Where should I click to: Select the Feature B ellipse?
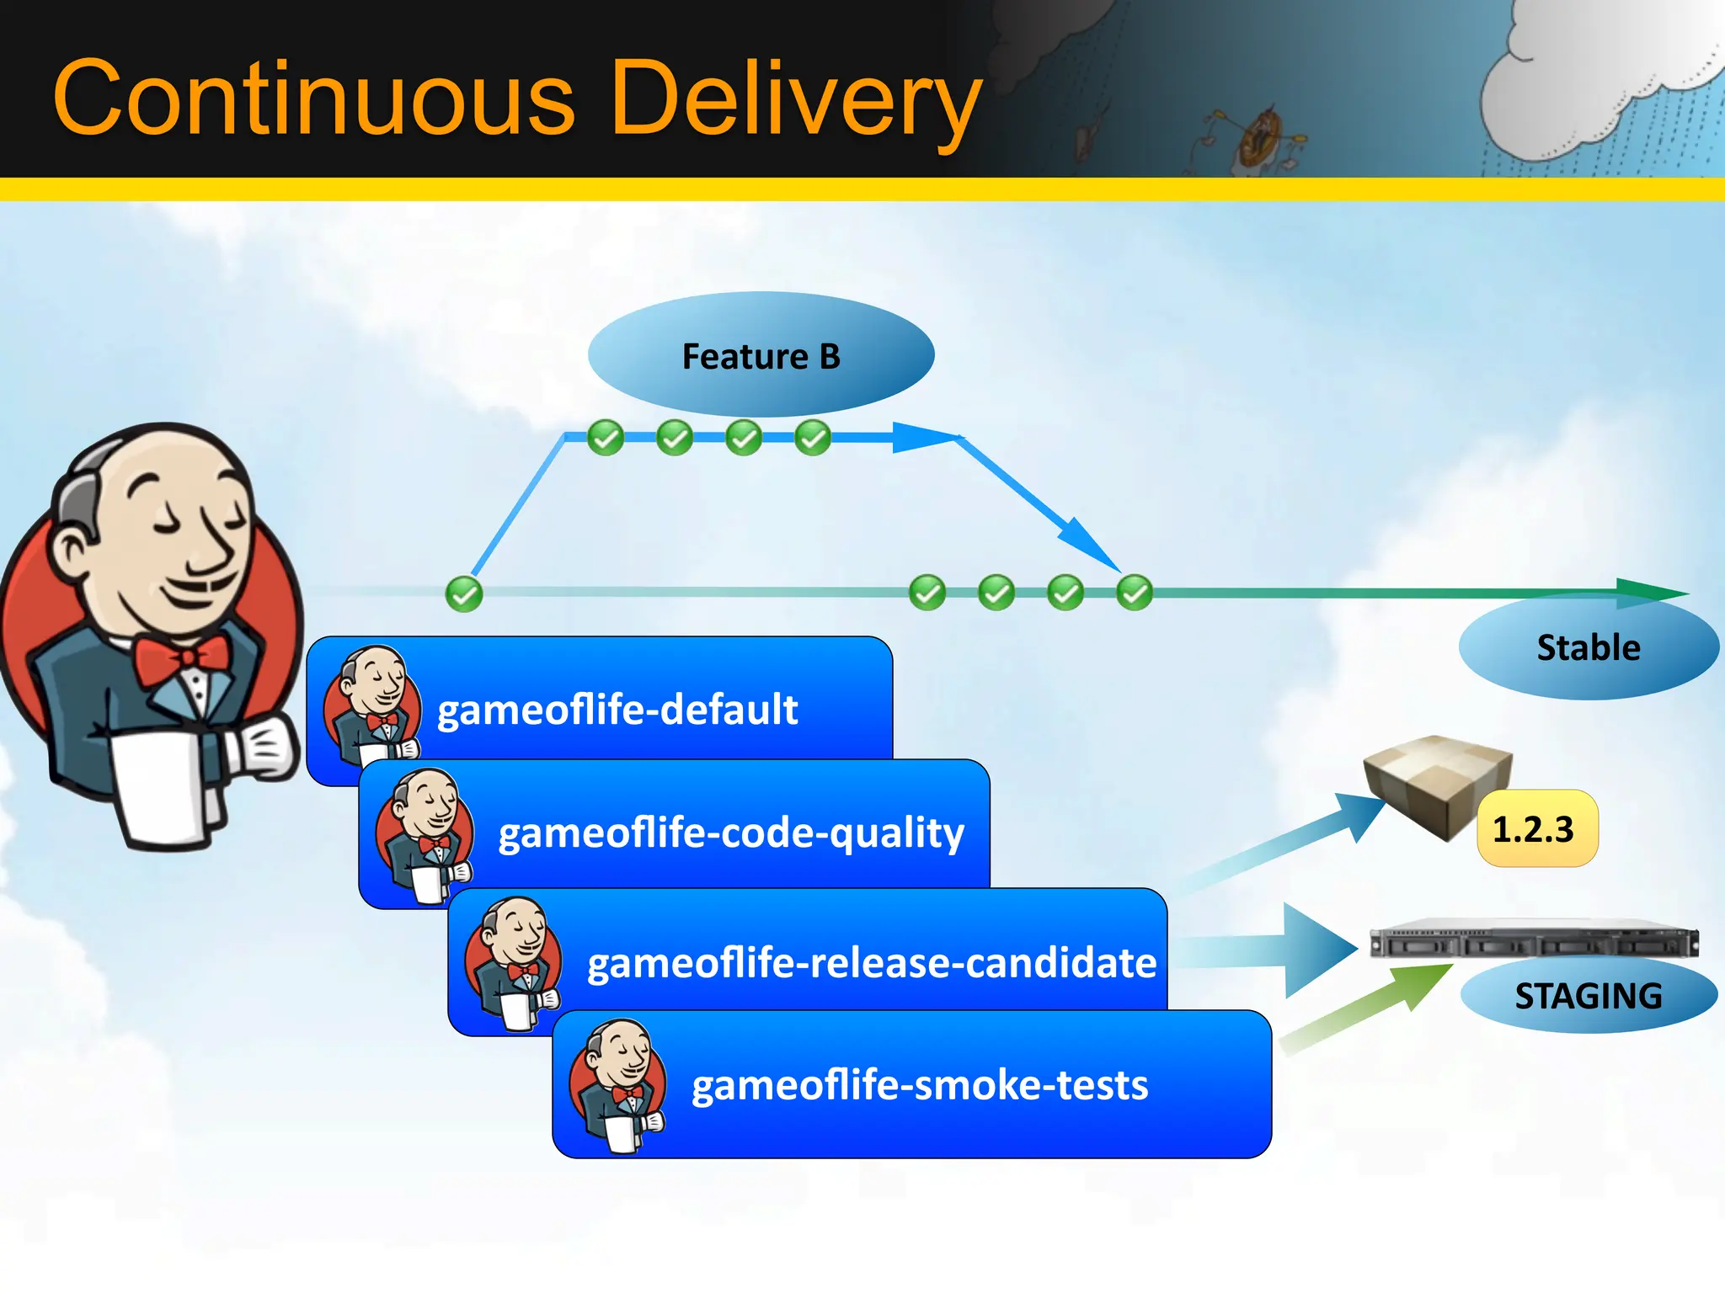tap(761, 355)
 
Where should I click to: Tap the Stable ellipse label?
tap(1588, 648)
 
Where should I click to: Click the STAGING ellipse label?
tap(1588, 997)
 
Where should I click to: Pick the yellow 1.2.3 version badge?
tap(1536, 829)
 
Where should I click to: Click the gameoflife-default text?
tap(617, 710)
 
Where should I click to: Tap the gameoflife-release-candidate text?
tap(871, 963)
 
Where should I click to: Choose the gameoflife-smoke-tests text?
tap(919, 1086)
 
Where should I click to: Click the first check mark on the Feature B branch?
tap(605, 438)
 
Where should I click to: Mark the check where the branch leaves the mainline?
tap(463, 594)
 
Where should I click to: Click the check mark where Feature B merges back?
tap(1134, 593)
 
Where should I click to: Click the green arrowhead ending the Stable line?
tap(1651, 593)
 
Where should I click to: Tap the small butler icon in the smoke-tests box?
tap(617, 1086)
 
